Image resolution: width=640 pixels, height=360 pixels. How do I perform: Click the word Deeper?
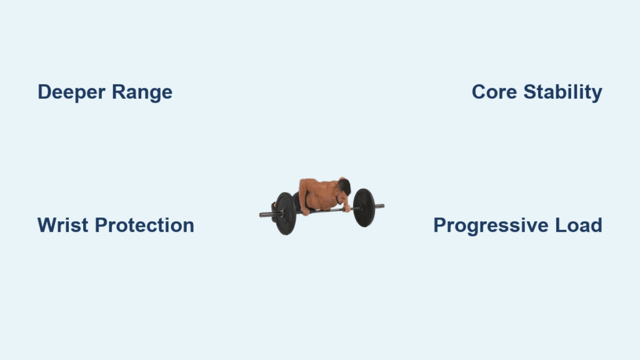point(71,92)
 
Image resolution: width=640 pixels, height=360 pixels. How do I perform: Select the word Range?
point(142,92)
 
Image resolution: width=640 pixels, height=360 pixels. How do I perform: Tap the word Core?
point(494,92)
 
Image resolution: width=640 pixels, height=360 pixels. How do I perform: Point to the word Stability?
point(563,92)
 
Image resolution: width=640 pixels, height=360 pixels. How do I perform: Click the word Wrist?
point(63,225)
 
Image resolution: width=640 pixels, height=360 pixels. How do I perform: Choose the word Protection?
point(144,225)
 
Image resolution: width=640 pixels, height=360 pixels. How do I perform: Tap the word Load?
point(579,225)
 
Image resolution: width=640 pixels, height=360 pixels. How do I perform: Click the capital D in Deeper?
point(45,92)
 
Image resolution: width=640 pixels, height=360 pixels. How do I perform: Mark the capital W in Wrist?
point(48,225)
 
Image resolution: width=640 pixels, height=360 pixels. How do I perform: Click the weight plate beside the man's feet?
point(285,214)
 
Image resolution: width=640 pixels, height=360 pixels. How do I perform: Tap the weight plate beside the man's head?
point(364,207)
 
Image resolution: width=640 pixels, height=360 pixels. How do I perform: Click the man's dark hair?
point(344,186)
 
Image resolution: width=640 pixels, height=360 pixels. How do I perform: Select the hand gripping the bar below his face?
point(346,209)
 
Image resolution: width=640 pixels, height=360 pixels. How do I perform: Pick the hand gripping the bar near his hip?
point(305,211)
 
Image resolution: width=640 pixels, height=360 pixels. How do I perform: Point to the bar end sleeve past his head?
point(379,206)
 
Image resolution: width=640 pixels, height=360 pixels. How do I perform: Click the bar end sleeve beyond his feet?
point(267,214)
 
